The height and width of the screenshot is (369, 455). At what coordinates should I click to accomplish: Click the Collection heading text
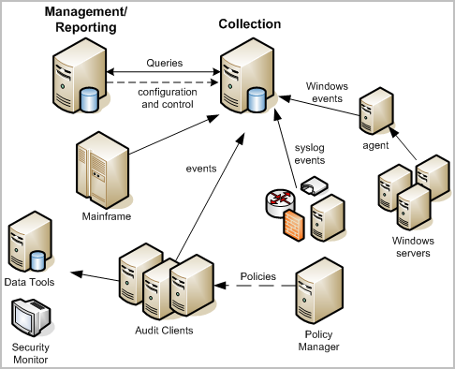(x=250, y=23)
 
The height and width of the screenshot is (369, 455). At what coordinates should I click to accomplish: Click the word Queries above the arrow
(x=165, y=63)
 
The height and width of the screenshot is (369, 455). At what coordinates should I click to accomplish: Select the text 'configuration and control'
(x=166, y=97)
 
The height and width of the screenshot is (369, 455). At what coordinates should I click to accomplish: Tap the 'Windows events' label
(x=327, y=92)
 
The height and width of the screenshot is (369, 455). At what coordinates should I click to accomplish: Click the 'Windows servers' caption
(x=407, y=246)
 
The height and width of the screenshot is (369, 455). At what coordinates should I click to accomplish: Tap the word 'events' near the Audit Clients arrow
(x=200, y=169)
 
